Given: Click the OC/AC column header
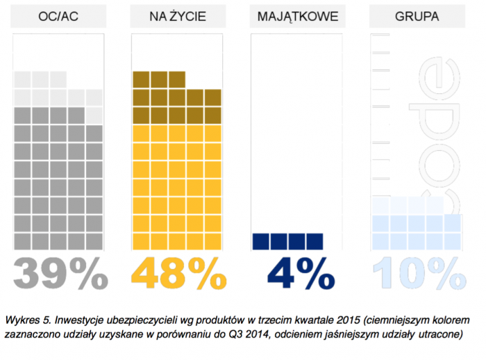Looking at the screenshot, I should [58, 16].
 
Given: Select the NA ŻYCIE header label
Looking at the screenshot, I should [177, 16].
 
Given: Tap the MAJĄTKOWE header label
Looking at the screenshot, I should [296, 16].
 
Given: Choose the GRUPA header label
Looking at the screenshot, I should [414, 16].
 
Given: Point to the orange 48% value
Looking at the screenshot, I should [178, 273].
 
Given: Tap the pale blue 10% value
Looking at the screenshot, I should [417, 273].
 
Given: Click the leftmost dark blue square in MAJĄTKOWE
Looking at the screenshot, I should [261, 240].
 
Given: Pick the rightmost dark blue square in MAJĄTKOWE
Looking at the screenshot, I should [315, 240].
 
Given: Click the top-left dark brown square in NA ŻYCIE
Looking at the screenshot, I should [141, 79].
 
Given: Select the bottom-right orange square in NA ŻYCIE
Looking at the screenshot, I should [212, 240].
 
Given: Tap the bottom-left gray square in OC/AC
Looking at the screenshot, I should [22, 240].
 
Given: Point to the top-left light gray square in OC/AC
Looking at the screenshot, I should [22, 79].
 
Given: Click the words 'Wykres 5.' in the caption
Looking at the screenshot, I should [26, 321].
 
